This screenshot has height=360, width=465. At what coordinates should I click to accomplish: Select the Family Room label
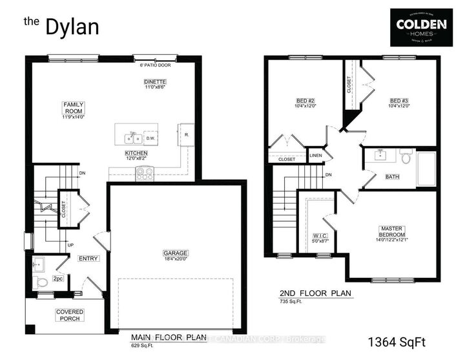pos(73,108)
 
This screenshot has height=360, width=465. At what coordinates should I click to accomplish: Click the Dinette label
pos(156,82)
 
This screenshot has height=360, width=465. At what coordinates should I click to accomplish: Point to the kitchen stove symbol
pos(143,173)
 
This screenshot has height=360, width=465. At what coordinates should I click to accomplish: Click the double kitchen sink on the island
pos(135,137)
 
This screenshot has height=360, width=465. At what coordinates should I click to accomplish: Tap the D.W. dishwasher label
pos(150,138)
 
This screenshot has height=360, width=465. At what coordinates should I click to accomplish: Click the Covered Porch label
pos(69,316)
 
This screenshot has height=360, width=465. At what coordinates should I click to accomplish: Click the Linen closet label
pos(316,156)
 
